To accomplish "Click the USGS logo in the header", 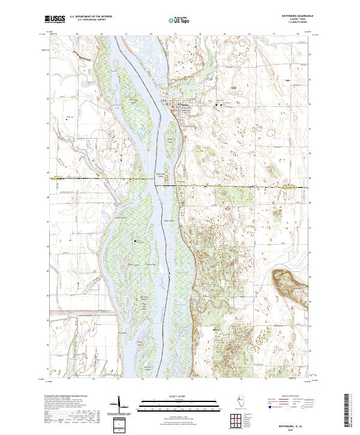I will (55, 19).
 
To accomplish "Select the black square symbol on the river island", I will (136, 241).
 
